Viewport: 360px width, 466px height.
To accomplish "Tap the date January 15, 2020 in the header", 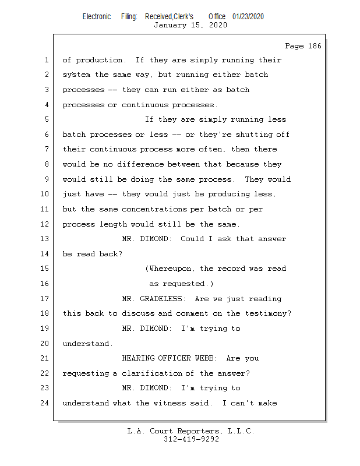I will click(190, 25).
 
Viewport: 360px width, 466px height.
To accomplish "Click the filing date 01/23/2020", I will click(248, 16).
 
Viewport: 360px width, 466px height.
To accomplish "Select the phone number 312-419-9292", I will click(191, 440).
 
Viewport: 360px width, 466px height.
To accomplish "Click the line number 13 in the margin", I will click(46, 239).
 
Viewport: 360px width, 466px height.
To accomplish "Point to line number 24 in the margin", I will click(46, 403).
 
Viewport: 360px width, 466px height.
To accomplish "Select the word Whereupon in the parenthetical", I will click(172, 269).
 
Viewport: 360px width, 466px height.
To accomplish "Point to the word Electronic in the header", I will click(97, 16).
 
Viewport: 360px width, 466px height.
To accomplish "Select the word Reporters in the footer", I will click(197, 431).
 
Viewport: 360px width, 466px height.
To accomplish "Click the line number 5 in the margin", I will click(46, 119).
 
